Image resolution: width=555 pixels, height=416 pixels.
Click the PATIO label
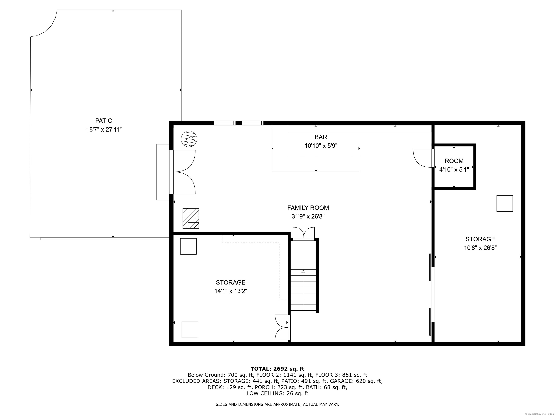104,121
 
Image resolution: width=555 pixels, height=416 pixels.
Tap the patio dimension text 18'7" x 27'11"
104,130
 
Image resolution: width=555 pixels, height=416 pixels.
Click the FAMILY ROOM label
308,208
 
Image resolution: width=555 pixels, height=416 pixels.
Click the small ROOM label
454,161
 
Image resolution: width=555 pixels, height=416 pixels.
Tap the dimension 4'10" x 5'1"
454,170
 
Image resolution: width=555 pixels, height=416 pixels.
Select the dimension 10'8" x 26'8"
480,248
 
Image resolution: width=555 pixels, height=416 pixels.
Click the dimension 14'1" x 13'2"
231,291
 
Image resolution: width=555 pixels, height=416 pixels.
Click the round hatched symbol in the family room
189,139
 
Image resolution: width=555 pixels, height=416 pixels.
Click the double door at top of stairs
304,233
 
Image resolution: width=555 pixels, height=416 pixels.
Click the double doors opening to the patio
184,172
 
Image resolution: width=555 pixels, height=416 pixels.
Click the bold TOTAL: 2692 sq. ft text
277,369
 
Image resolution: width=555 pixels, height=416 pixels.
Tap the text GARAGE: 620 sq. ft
356,381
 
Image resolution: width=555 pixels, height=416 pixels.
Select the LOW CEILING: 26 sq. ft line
277,393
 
